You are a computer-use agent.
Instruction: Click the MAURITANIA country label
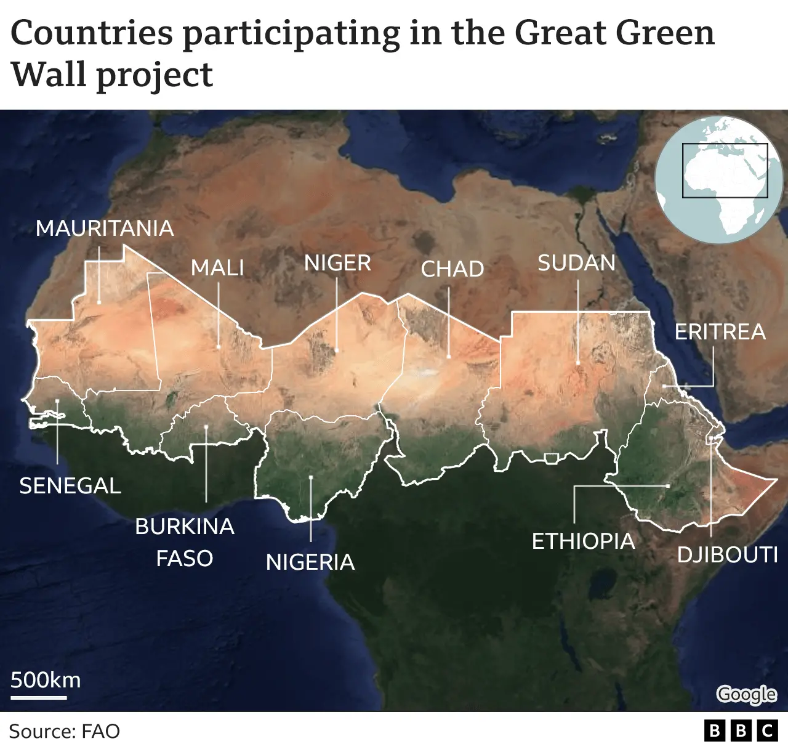click(x=105, y=229)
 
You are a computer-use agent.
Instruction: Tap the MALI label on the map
click(x=217, y=268)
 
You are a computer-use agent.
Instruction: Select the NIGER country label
click(x=337, y=264)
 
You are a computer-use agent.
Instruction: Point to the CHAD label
click(x=452, y=269)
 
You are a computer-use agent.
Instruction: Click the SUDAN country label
click(x=576, y=263)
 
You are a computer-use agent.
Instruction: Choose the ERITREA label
click(x=720, y=332)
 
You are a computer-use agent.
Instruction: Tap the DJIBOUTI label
click(x=728, y=555)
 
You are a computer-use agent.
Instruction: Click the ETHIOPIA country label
click(x=583, y=541)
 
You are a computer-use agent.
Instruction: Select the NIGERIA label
click(x=310, y=562)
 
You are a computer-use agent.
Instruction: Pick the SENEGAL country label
click(x=70, y=486)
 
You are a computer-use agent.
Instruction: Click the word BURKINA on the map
click(x=185, y=527)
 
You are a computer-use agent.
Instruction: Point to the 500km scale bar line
click(x=39, y=698)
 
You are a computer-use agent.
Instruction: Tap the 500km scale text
click(x=46, y=680)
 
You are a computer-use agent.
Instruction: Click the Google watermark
click(x=747, y=694)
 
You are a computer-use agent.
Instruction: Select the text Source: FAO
click(x=65, y=732)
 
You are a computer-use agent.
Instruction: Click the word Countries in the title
click(x=92, y=33)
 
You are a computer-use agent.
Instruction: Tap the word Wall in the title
click(x=47, y=75)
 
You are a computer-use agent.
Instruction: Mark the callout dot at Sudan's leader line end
click(x=578, y=363)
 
